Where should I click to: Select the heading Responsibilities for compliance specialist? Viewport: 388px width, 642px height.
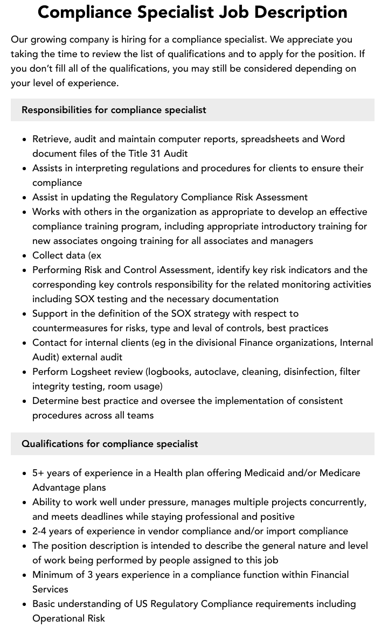[x=114, y=110]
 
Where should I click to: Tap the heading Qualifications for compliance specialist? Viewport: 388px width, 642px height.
[x=109, y=444]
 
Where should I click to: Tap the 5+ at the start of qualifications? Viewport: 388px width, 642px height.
[x=38, y=473]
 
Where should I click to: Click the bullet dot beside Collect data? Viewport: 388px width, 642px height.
[x=24, y=256]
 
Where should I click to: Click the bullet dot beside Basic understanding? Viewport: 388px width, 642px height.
[x=24, y=604]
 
